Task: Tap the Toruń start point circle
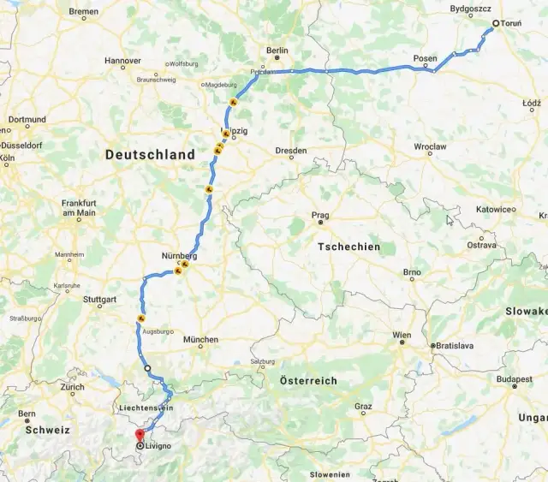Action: (495, 23)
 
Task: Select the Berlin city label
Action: (277, 51)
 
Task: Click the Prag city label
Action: (320, 216)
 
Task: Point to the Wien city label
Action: (402, 335)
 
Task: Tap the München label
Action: (201, 340)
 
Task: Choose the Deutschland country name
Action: (150, 155)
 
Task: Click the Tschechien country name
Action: (348, 247)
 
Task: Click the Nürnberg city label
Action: (179, 256)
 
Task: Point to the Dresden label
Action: (291, 151)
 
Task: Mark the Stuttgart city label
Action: (99, 300)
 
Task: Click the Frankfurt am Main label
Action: (78, 208)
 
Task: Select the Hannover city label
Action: (122, 62)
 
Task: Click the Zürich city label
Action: (73, 387)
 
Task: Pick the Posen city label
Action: (425, 59)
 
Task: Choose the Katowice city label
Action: (494, 209)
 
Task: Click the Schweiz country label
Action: (47, 430)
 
